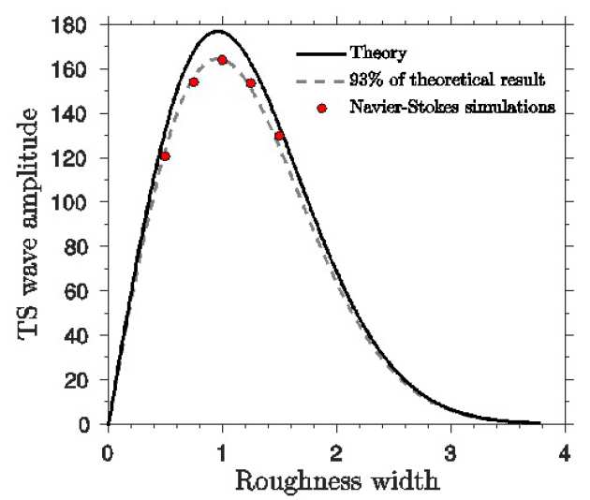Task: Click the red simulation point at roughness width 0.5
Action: click(x=165, y=156)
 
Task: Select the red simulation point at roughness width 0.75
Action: click(x=194, y=82)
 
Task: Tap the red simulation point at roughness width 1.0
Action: click(x=222, y=60)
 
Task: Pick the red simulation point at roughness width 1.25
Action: click(x=251, y=83)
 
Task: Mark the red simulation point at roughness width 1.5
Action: click(x=279, y=136)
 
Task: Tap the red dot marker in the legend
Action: click(x=321, y=108)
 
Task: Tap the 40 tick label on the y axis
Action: click(x=84, y=335)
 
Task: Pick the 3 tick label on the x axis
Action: click(x=450, y=451)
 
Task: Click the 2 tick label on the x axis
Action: click(x=336, y=451)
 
